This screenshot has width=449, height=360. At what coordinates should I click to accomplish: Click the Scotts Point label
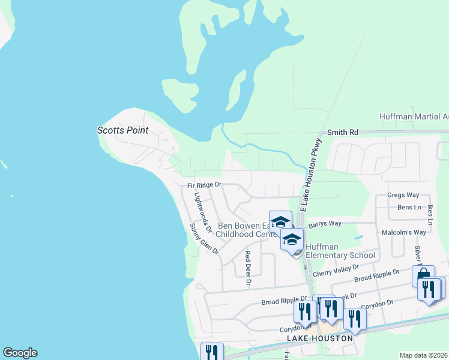pos(122,130)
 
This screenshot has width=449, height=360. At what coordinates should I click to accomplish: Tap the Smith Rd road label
pos(342,132)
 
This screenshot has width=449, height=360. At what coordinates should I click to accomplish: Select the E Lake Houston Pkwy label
pos(312,174)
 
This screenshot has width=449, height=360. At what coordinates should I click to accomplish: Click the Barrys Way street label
pos(325,224)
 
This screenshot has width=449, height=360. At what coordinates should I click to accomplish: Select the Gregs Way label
pos(403,195)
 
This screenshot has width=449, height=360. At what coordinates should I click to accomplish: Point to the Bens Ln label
pos(409,208)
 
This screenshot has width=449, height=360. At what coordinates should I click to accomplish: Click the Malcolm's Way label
pos(403,232)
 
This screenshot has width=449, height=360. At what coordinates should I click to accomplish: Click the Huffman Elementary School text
pos(340,251)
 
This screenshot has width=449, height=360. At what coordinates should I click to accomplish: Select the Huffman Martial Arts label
pos(414,116)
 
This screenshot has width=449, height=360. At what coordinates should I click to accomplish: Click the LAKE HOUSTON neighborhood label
pos(319,338)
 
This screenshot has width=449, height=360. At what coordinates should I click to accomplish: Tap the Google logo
pos(20,353)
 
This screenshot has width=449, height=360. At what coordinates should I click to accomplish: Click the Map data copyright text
pos(423,355)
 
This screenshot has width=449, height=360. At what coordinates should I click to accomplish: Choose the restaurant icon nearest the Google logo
pos(212,352)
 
